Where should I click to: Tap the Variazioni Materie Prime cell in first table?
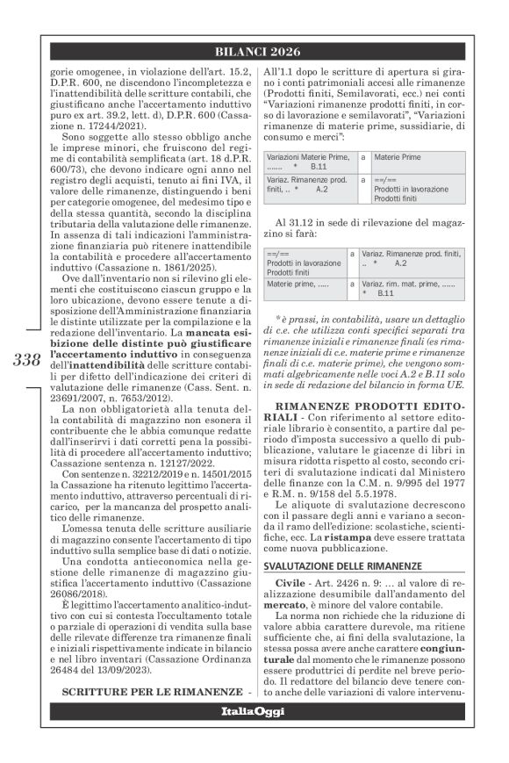click(x=305, y=162)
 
